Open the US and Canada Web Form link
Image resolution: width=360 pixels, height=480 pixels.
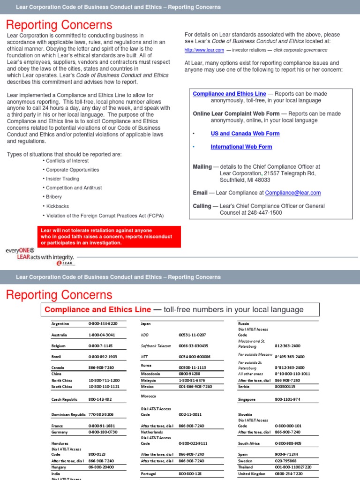pyautogui.click(x=245, y=134)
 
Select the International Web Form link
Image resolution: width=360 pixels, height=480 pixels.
pyautogui.click(x=241, y=147)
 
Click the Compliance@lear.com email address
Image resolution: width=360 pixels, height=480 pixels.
pyautogui.click(x=292, y=193)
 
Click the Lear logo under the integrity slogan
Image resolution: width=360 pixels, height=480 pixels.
pyautogui.click(x=65, y=263)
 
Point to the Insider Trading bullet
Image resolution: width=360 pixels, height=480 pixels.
pyautogui.click(x=62, y=179)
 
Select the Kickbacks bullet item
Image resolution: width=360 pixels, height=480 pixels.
pyautogui.click(x=57, y=206)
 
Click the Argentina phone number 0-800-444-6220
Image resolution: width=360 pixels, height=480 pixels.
pyautogui.click(x=103, y=323)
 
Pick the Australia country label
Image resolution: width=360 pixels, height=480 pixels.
pyautogui.click(x=59, y=335)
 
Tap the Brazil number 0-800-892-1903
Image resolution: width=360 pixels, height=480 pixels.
pyautogui.click(x=103, y=357)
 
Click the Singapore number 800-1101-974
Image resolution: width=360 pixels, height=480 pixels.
pyautogui.click(x=288, y=399)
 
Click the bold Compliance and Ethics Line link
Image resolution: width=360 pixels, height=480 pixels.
pyautogui.click(x=229, y=94)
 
